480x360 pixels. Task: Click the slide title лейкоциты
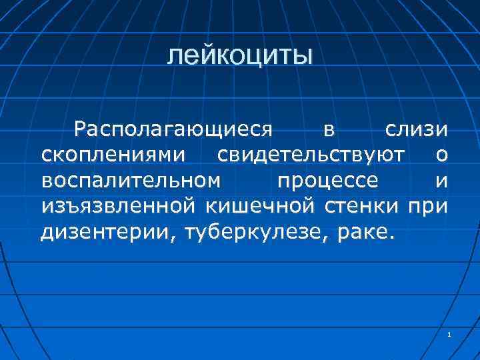[239, 56]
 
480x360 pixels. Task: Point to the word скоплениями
[113, 155]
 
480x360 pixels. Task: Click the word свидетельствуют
[310, 155]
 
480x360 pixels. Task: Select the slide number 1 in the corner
[450, 334]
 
